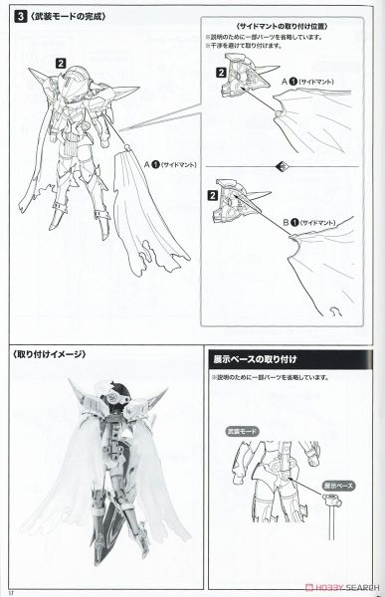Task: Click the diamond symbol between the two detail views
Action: click(x=282, y=164)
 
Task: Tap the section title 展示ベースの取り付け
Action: click(x=261, y=355)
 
